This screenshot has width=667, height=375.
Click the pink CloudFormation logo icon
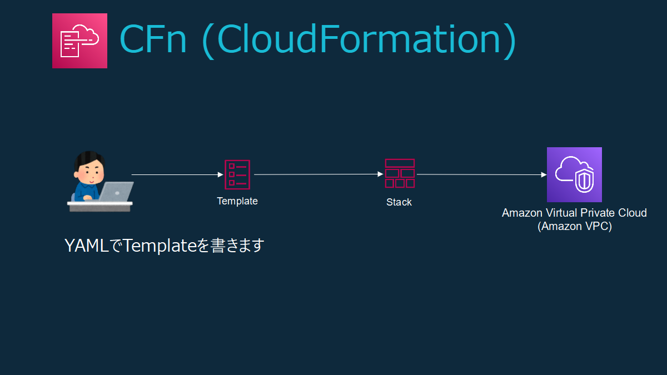[x=79, y=41]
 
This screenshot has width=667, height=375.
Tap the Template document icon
[x=237, y=174]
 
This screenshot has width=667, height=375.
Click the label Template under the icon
[x=237, y=201]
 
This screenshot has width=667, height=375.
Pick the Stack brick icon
[x=400, y=173]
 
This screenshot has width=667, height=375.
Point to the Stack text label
[x=399, y=202]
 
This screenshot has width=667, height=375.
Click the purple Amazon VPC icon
[x=574, y=174]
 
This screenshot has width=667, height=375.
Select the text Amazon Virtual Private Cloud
[x=574, y=213]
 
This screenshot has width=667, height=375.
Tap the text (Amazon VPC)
[x=574, y=227]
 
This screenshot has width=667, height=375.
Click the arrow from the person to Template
[x=177, y=174]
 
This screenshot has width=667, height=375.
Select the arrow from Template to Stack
[x=318, y=174]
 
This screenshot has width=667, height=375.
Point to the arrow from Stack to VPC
[x=481, y=174]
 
